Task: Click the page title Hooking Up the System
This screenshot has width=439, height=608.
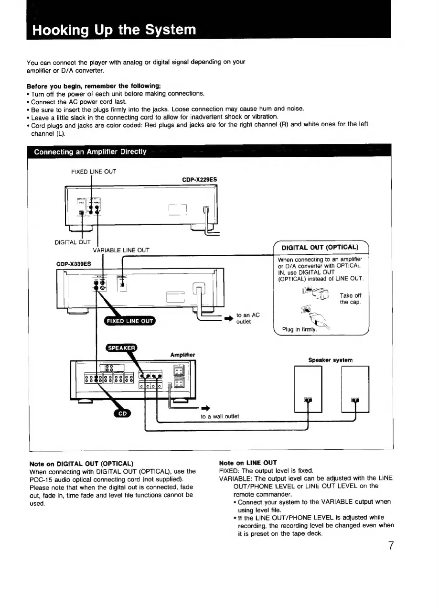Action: click(114, 30)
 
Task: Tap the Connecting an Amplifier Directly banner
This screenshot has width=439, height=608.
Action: click(90, 152)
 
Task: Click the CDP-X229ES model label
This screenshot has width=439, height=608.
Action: click(199, 180)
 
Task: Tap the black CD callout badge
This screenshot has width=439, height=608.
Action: click(122, 414)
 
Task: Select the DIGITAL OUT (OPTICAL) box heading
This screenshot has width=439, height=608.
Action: click(320, 247)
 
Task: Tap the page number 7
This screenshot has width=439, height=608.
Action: click(390, 545)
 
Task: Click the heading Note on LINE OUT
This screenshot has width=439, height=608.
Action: click(247, 463)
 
